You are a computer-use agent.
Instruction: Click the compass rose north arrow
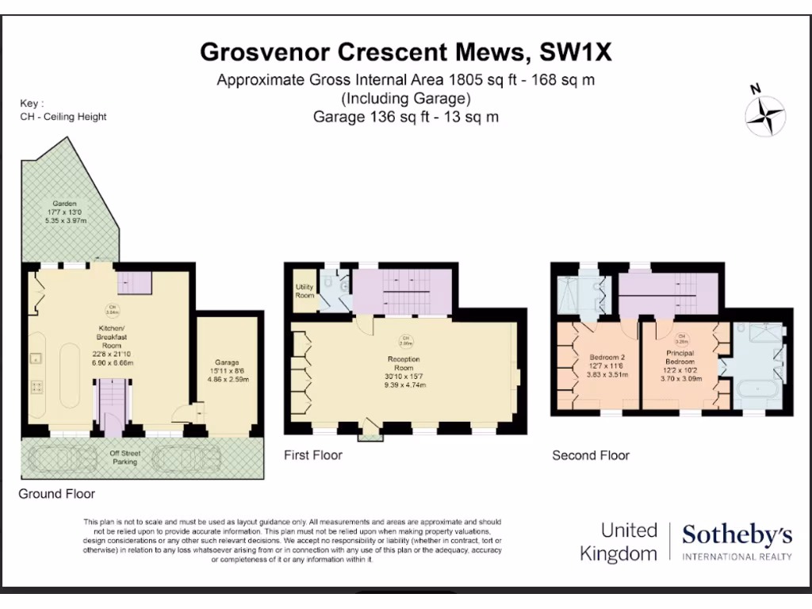pos(765,113)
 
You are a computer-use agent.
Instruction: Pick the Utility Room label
pos(304,291)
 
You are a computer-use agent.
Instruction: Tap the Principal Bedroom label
pos(680,367)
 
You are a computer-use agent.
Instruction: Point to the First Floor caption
pos(314,455)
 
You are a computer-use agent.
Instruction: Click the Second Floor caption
pos(591,455)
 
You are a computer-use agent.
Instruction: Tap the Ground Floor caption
pos(57,494)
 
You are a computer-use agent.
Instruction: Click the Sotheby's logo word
pos(737,535)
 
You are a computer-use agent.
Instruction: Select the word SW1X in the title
pos(576,52)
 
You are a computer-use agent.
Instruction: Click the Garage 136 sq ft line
pos(405,117)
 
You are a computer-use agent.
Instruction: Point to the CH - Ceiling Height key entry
pos(63,117)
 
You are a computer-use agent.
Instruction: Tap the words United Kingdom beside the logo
pos(619,542)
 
